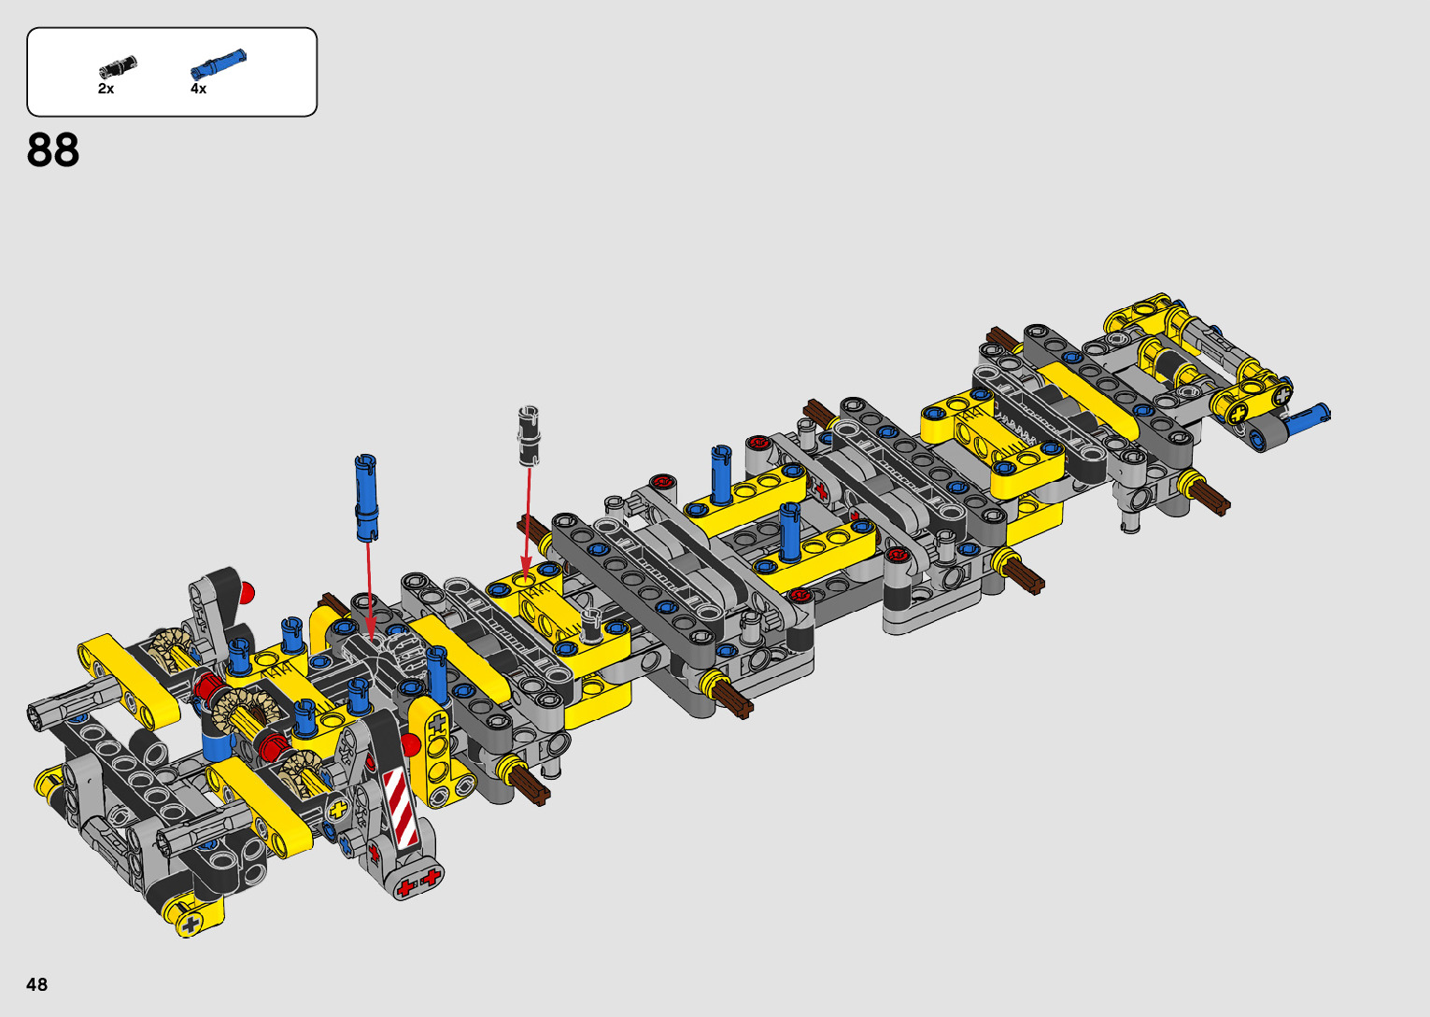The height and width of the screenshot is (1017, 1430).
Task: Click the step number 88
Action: pyautogui.click(x=53, y=150)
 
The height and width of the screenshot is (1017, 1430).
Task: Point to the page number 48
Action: pyautogui.click(x=37, y=983)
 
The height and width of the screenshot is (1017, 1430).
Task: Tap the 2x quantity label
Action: pyautogui.click(x=106, y=89)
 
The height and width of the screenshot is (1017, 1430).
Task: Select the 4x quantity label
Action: pyautogui.click(x=199, y=89)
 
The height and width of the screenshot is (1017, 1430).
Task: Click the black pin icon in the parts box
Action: pyautogui.click(x=118, y=66)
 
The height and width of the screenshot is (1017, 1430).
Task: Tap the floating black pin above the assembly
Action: pyautogui.click(x=530, y=435)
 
